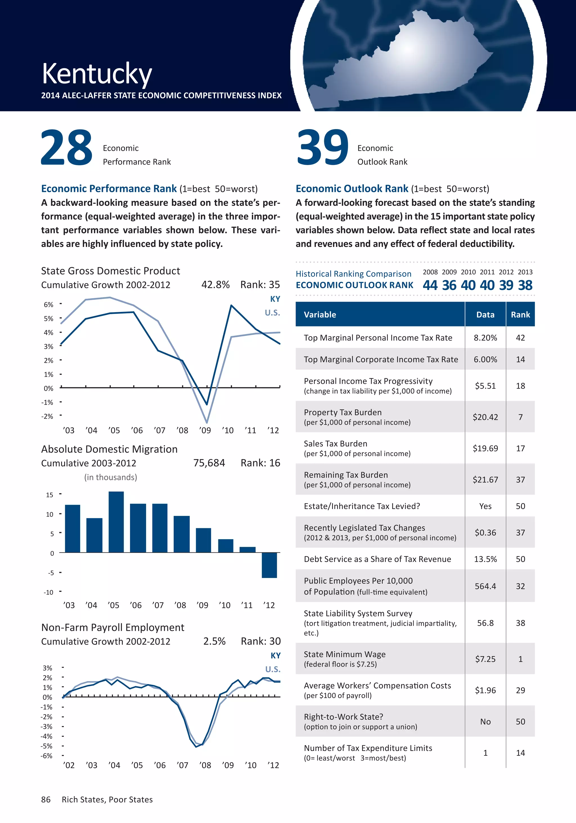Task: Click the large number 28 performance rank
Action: click(67, 148)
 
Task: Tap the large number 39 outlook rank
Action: click(323, 148)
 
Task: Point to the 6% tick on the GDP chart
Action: click(48, 305)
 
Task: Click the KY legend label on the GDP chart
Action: click(275, 299)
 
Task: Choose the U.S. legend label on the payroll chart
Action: click(273, 669)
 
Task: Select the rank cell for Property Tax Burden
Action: click(520, 417)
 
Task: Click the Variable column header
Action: click(320, 315)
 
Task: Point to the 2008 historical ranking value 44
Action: click(430, 285)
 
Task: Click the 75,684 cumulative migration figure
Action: click(209, 463)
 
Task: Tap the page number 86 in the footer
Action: click(46, 800)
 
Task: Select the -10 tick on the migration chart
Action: click(49, 592)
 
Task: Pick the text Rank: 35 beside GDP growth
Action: click(260, 285)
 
